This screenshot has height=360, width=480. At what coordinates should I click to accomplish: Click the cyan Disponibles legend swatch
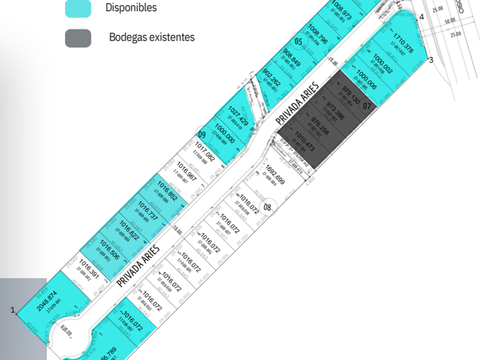(x=78, y=8)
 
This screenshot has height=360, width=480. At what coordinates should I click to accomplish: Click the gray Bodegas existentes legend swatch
(x=78, y=38)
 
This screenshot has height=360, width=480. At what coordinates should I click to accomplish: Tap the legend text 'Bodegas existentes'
(x=151, y=37)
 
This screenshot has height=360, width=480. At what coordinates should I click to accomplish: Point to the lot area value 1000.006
(x=366, y=80)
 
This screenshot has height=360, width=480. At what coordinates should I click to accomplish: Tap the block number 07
(x=367, y=106)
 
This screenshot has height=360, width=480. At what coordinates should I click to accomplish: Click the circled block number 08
(x=267, y=207)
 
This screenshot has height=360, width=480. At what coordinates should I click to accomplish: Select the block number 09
(x=202, y=134)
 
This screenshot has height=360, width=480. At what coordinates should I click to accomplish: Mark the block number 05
(x=298, y=41)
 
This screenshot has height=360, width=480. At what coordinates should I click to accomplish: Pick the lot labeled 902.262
(x=271, y=81)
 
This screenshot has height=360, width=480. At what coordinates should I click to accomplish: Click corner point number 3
(x=431, y=59)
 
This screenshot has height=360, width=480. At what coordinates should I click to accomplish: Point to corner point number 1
(x=12, y=310)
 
